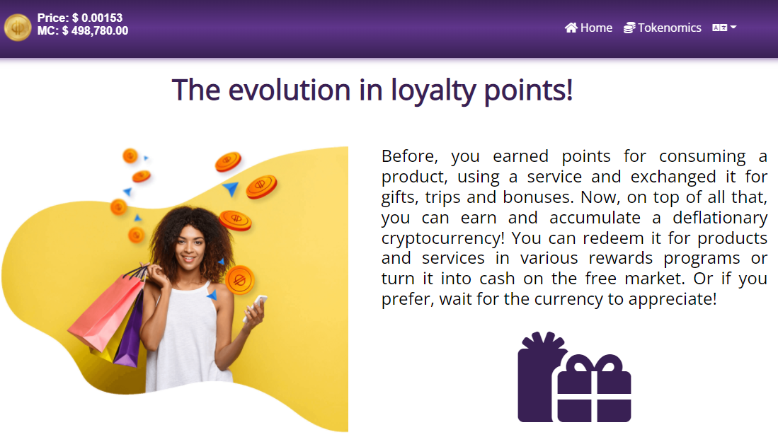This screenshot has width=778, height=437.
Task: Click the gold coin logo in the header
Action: tap(18, 27)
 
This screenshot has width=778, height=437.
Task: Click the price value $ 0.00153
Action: tap(97, 18)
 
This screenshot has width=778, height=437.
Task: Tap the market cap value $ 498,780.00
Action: tap(95, 30)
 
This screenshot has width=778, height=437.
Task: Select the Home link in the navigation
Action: tap(588, 28)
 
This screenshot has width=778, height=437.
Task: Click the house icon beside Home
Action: tap(571, 28)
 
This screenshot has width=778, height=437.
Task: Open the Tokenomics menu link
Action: tap(663, 28)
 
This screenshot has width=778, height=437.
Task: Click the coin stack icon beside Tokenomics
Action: tap(629, 28)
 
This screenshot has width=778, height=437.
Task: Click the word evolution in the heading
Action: tap(290, 91)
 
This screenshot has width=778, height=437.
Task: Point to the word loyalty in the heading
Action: tap(433, 92)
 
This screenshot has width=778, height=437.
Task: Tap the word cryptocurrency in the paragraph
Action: tap(442, 239)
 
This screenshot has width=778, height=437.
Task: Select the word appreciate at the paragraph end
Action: tap(673, 300)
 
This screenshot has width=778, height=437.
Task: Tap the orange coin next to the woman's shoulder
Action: tap(240, 281)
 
